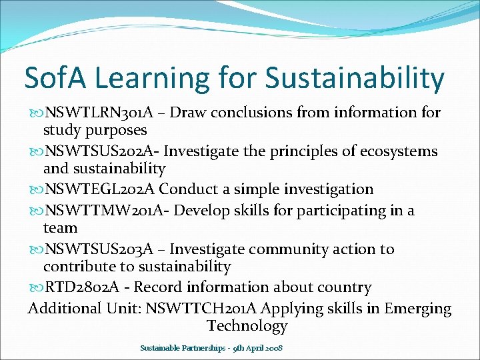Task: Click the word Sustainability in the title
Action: click(x=354, y=79)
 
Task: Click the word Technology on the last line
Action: click(x=247, y=326)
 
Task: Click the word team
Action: click(x=60, y=228)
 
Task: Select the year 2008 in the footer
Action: click(x=273, y=349)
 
